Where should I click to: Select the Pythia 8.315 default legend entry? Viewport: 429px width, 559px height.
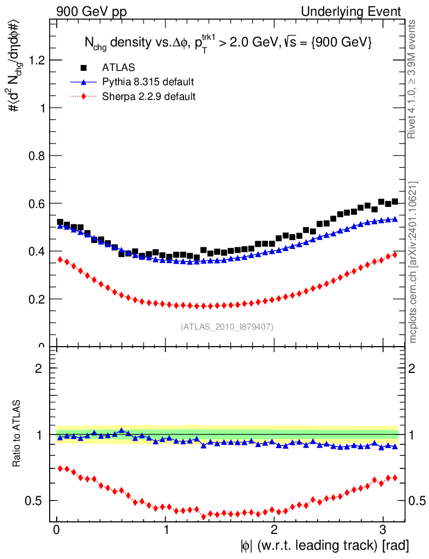148,82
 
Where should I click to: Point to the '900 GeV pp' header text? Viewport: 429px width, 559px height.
91,11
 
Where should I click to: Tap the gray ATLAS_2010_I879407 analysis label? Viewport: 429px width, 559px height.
227,326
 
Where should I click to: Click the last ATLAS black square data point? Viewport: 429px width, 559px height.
395,202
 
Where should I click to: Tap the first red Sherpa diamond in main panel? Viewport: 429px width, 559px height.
60,259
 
